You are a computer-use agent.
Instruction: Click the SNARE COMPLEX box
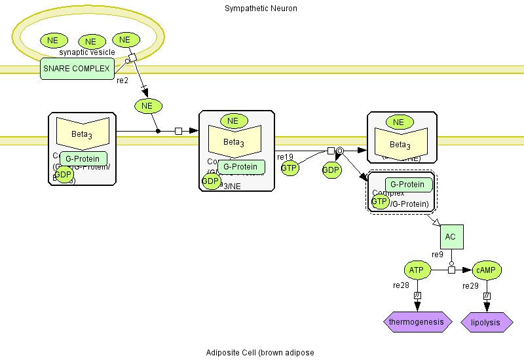[77, 68]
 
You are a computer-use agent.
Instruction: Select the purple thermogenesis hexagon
[417, 322]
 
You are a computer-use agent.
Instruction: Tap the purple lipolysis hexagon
[487, 322]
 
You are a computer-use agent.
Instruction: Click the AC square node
[451, 236]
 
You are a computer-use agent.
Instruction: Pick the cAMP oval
[487, 269]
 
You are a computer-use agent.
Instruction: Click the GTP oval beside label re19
[290, 168]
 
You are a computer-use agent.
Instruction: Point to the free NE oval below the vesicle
[147, 105]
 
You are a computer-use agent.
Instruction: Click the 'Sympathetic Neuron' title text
[261, 9]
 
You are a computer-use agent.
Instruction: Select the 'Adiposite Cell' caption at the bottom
[260, 353]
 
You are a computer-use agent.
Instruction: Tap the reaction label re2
[122, 81]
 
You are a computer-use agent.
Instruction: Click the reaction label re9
[438, 254]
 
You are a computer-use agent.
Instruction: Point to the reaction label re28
[401, 285]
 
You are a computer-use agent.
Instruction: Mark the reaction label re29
[470, 286]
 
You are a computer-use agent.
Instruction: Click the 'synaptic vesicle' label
[87, 52]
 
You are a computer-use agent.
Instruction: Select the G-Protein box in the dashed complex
[408, 185]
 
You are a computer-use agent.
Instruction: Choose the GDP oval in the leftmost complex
[64, 174]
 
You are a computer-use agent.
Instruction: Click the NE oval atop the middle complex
[233, 120]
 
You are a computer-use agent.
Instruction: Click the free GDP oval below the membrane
[331, 170]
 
